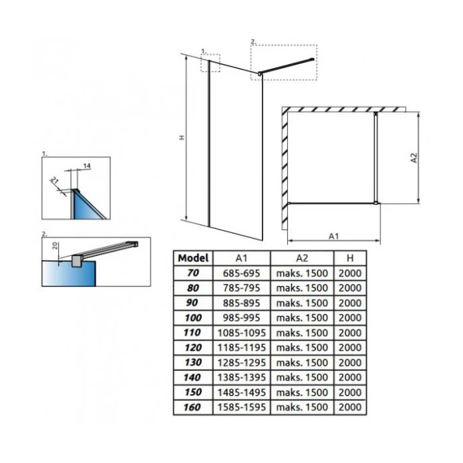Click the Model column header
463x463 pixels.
(x=193, y=258)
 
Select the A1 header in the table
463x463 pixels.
(x=241, y=259)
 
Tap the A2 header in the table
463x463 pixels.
(x=302, y=259)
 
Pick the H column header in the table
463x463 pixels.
(x=350, y=259)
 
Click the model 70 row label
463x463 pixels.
(x=193, y=273)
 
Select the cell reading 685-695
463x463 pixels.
(x=241, y=273)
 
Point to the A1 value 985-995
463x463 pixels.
(x=241, y=317)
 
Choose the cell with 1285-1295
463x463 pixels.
(x=241, y=362)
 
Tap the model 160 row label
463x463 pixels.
(x=192, y=407)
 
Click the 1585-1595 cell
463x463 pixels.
(x=241, y=407)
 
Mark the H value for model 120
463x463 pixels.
(x=350, y=347)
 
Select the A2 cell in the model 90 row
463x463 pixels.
(x=302, y=303)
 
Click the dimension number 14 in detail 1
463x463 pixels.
(x=87, y=166)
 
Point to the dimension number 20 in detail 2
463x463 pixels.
(x=55, y=245)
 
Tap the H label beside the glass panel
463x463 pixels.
(x=182, y=138)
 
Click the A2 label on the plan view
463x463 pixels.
(x=414, y=157)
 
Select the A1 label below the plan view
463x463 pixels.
(x=333, y=236)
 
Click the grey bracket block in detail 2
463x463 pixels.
(x=77, y=261)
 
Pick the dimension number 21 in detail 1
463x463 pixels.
(x=55, y=180)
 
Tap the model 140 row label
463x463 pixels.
(x=192, y=378)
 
